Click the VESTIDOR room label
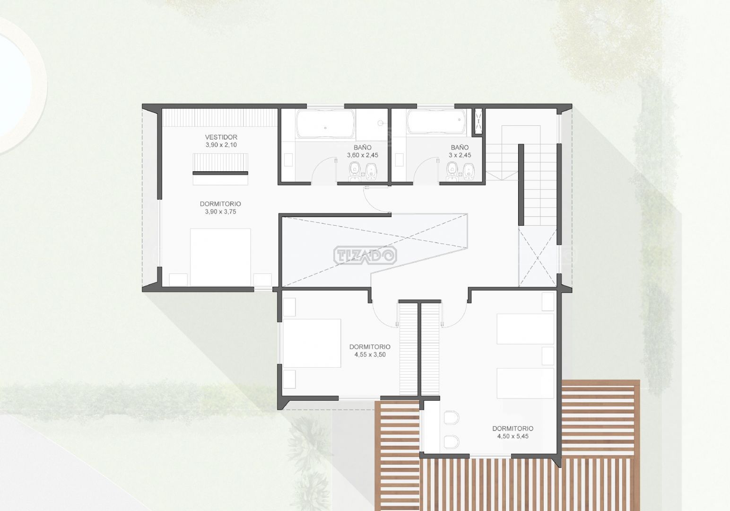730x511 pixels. click(x=221, y=137)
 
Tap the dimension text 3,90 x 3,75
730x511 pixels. click(x=221, y=211)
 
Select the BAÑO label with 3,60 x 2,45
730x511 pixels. click(x=362, y=148)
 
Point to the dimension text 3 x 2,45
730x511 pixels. click(x=460, y=155)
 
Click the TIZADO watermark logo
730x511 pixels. click(x=365, y=255)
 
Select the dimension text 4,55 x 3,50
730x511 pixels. click(x=370, y=354)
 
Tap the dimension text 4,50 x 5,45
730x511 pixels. click(x=513, y=436)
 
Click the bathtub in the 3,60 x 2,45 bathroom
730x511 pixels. click(x=325, y=124)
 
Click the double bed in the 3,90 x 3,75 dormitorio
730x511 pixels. click(x=220, y=257)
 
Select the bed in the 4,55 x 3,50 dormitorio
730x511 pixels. click(x=312, y=343)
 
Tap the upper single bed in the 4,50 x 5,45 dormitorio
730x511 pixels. click(x=525, y=329)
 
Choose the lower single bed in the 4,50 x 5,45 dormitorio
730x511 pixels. click(x=525, y=383)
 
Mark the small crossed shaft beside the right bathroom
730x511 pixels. click(x=478, y=121)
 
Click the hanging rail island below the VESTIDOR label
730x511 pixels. click(x=220, y=169)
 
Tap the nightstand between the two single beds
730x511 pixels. click(x=548, y=356)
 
